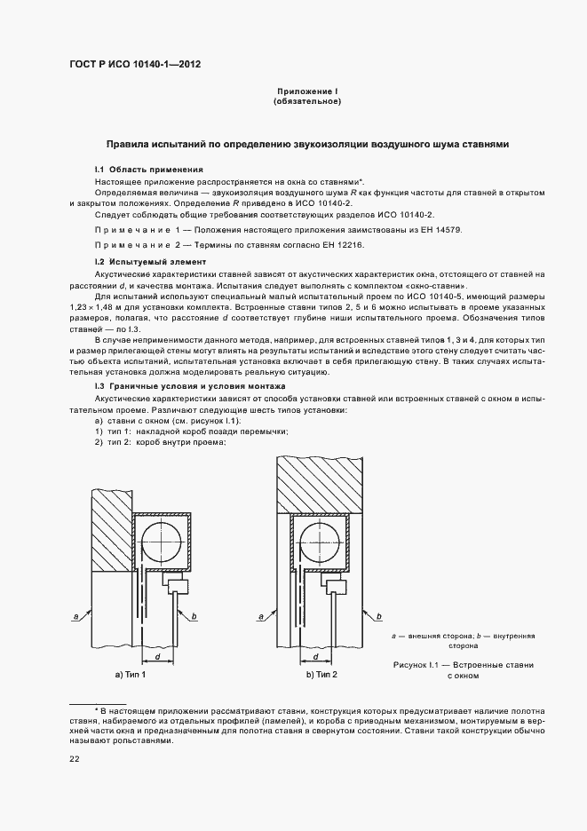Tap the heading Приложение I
[307, 92]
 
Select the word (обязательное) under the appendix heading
[307, 102]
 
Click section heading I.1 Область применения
[150, 169]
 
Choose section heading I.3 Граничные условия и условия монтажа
[190, 387]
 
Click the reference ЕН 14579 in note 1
[439, 230]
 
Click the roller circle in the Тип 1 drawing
[162, 542]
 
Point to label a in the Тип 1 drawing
[78, 613]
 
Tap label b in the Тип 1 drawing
[194, 614]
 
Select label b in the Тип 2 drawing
[382, 614]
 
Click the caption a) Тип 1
[131, 676]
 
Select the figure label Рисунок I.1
[423, 664]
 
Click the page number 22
[74, 758]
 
